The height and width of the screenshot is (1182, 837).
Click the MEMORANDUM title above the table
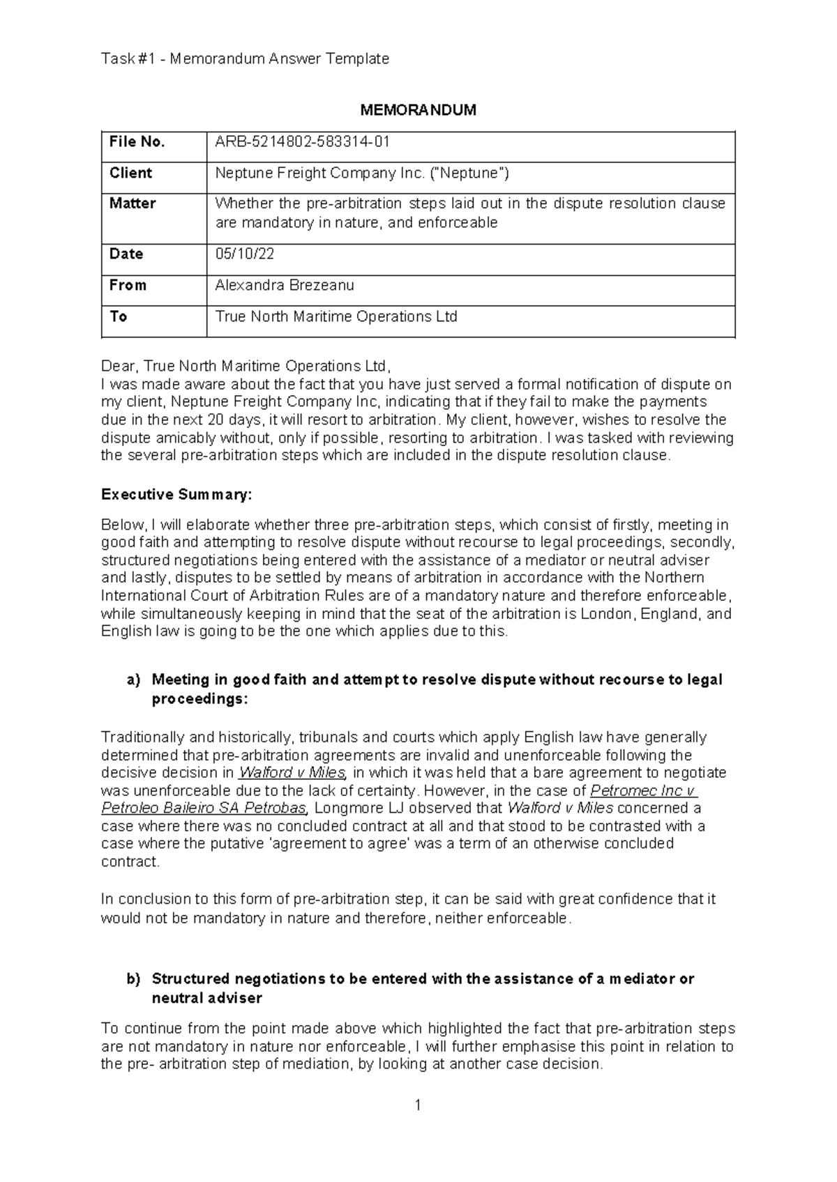coord(418,110)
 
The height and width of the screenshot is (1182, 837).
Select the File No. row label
coord(137,142)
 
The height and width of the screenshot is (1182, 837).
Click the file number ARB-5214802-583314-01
coord(302,142)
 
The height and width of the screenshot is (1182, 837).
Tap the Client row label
coord(130,173)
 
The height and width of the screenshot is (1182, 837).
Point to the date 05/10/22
coord(245,254)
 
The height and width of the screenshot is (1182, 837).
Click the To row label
coord(118,316)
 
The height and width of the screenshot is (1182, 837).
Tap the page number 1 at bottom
coord(418,1105)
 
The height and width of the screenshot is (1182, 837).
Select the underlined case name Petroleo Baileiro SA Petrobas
coord(204,808)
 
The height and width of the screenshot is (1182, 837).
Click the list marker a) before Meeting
coord(133,680)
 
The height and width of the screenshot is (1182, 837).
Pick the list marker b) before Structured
coord(133,979)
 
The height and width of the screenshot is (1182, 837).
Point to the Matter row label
coord(133,204)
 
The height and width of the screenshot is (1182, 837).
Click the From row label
coord(128,285)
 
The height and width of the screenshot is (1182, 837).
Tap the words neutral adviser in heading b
coord(206,998)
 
